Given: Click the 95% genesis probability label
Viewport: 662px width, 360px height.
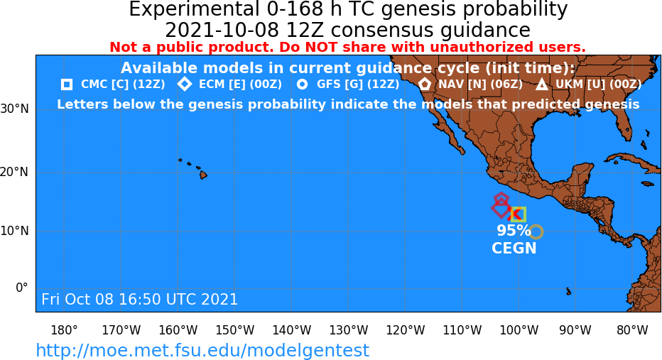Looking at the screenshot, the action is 514,231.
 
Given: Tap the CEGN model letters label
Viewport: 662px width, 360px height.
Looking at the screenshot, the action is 514,248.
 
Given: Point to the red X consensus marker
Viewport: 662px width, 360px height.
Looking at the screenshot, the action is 514,214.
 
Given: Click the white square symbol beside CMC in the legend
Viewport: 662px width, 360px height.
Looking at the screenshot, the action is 67,84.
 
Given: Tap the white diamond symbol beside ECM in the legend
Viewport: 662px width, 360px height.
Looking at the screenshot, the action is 185,84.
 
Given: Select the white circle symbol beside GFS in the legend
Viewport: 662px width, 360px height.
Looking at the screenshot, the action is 303,84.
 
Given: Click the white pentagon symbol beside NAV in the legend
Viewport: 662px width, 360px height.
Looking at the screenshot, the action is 425,84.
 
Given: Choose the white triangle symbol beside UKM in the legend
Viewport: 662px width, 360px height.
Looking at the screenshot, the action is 542,84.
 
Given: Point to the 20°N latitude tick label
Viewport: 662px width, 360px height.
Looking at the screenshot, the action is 14,173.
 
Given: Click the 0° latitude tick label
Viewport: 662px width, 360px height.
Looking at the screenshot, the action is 21,288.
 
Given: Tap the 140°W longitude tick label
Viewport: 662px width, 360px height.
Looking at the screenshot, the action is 292,330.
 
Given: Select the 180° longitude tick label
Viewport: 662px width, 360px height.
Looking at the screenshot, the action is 64,330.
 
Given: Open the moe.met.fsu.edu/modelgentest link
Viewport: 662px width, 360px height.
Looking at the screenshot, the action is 202,350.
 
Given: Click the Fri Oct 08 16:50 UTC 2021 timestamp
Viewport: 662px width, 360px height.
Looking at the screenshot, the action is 140,299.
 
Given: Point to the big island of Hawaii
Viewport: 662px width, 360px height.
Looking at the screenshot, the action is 203,174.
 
